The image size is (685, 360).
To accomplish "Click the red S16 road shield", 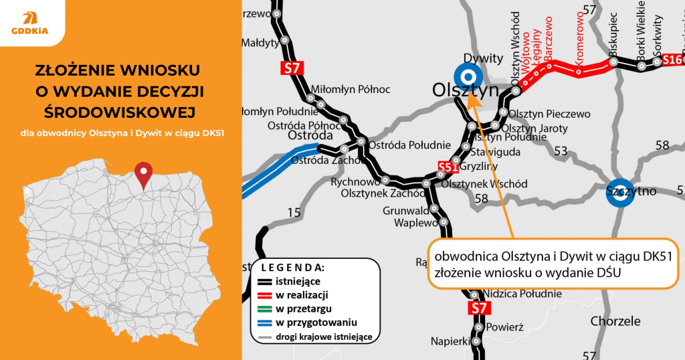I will [672, 61].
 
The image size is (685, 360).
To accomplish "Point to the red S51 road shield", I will [448, 167].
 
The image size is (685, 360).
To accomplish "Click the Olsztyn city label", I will [466, 90].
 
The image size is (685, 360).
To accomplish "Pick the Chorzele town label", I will [616, 321].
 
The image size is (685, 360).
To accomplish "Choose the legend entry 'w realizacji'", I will [306, 294].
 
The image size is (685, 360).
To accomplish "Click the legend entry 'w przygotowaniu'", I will [316, 322].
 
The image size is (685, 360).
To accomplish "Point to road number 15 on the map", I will [294, 213].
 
